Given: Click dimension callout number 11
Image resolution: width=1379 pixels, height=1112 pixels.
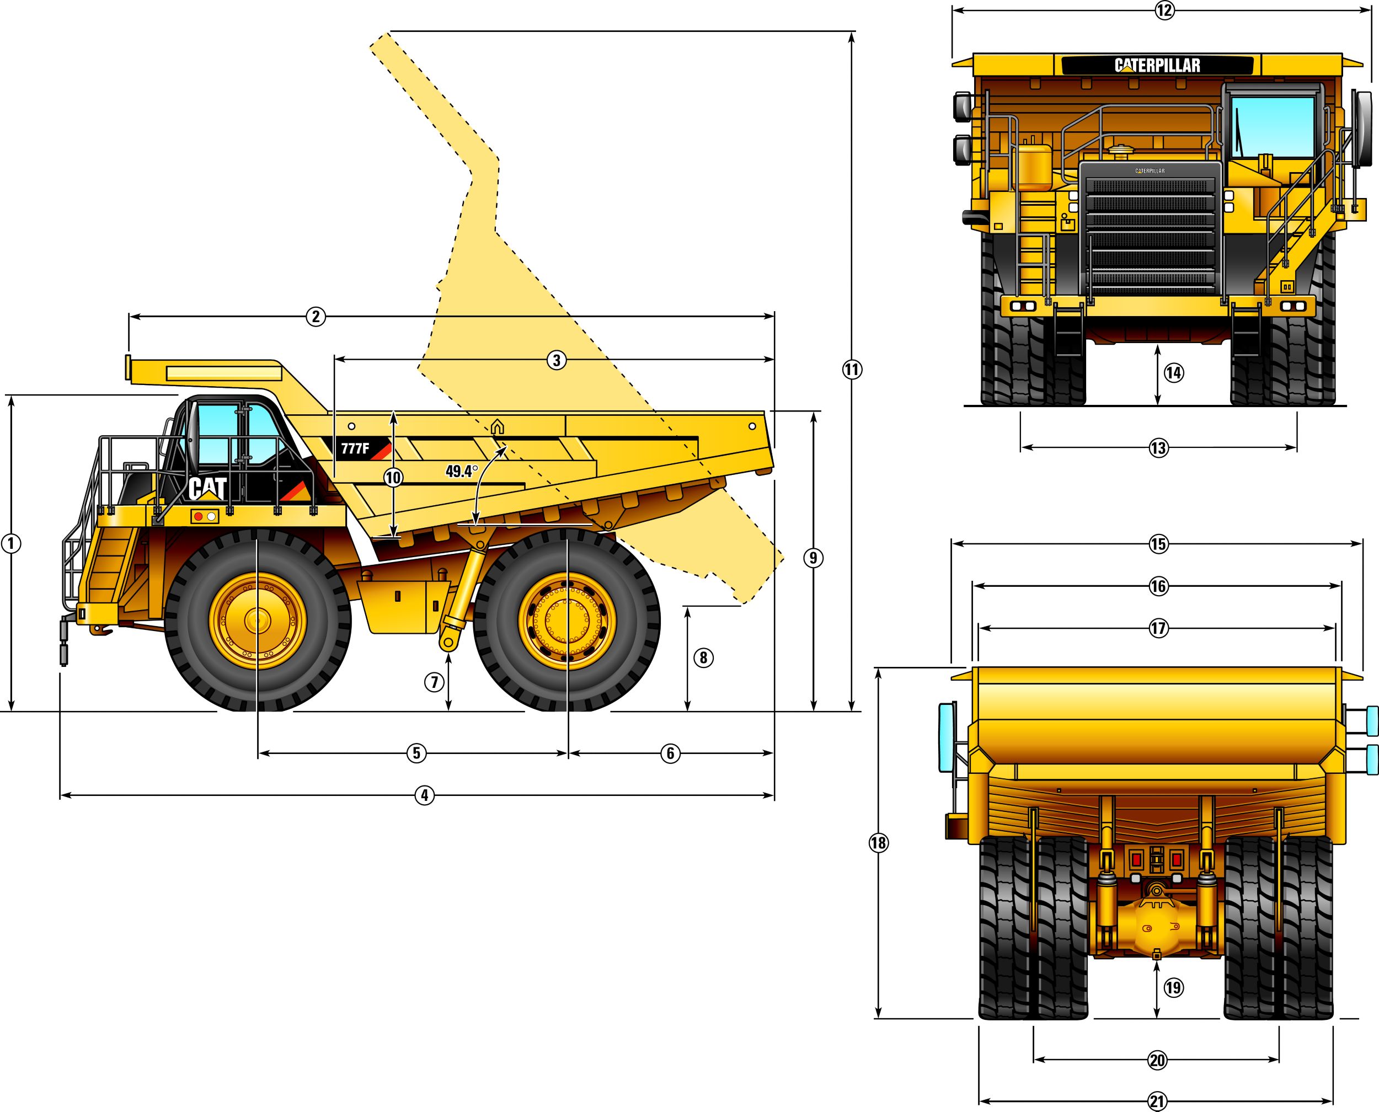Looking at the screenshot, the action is [x=852, y=370].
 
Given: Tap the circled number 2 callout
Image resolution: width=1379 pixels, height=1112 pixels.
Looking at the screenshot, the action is [x=315, y=317].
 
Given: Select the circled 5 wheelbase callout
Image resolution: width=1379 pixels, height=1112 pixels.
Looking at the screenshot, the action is [x=416, y=753].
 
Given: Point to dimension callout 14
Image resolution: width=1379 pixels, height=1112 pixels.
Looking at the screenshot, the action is [x=1173, y=373].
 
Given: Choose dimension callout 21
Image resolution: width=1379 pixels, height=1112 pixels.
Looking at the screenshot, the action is [x=1157, y=1102].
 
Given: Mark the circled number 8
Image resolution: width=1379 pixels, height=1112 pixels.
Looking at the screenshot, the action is [x=703, y=657].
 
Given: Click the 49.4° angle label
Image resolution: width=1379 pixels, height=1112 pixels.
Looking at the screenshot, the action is [x=462, y=472].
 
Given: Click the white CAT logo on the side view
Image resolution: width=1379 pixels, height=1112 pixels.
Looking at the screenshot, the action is [x=207, y=489].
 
